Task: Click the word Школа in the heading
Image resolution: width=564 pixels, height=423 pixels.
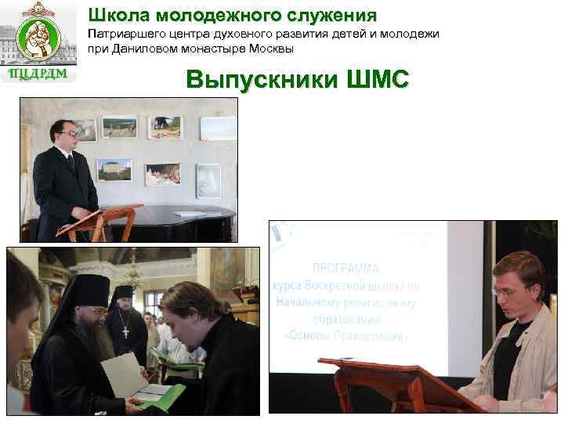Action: point(115,15)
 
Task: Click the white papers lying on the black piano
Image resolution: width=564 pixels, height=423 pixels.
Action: point(190,213)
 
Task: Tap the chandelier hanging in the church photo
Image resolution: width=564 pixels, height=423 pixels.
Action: point(135,274)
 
